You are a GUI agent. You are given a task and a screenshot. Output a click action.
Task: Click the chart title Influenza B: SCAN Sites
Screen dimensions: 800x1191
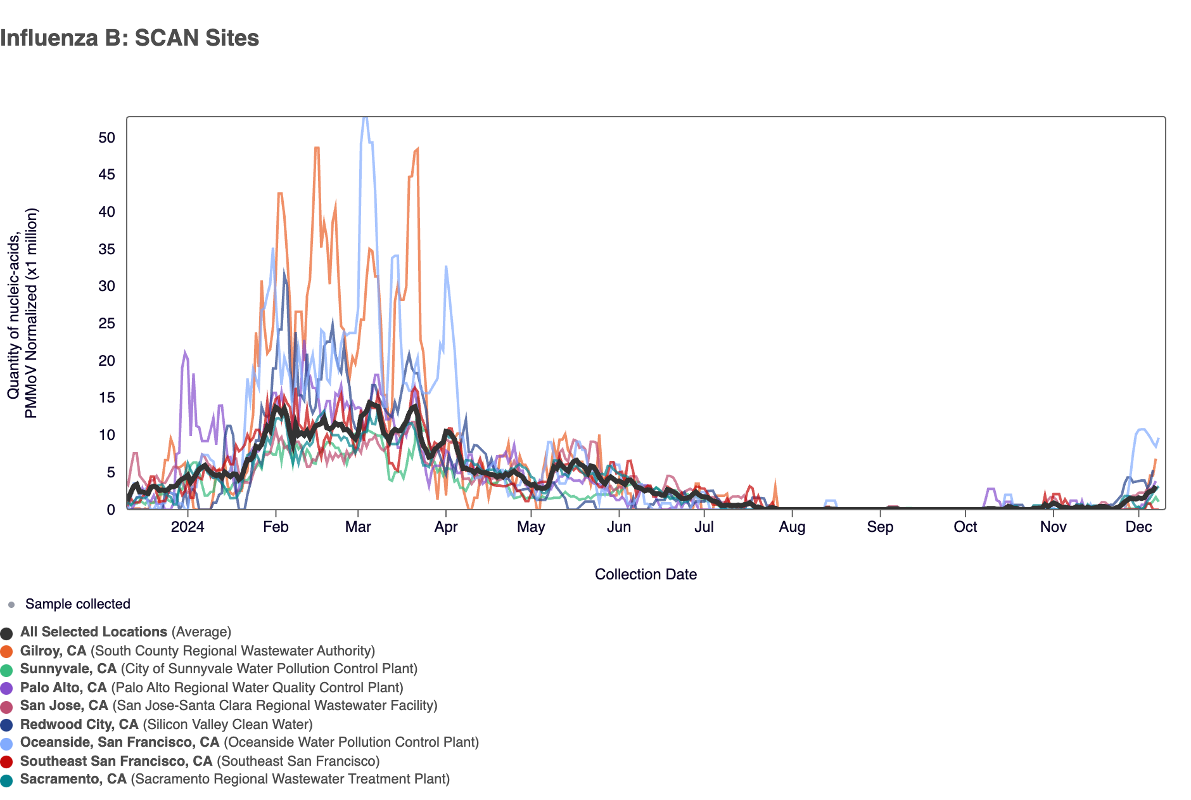(x=130, y=38)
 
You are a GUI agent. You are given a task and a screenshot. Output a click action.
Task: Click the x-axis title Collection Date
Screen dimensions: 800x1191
(x=646, y=574)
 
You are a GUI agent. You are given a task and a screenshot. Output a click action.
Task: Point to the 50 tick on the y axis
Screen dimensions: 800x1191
(x=107, y=138)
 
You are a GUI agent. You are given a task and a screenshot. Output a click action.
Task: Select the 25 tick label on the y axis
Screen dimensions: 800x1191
(x=107, y=324)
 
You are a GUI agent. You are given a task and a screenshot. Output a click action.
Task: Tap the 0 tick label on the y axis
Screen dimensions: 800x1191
(x=111, y=510)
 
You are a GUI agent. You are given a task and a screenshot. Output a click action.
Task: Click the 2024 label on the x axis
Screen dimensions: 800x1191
(x=188, y=527)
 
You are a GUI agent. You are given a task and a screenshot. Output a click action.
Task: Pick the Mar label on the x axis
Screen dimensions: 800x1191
(x=358, y=527)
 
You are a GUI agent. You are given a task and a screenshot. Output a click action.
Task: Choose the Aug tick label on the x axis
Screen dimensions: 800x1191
(x=792, y=527)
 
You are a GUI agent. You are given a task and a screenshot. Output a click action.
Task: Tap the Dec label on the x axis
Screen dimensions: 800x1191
(x=1138, y=527)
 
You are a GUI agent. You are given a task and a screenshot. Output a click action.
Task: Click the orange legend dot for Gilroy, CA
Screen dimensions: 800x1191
(x=7, y=652)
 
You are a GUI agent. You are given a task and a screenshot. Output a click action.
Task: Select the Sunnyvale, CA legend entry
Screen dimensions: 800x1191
(x=68, y=669)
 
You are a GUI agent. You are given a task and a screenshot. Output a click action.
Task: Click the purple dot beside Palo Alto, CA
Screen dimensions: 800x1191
(x=7, y=688)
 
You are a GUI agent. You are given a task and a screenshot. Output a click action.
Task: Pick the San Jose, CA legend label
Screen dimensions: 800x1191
(x=64, y=706)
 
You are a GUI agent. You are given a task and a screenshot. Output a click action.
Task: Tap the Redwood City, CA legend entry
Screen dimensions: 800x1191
(x=79, y=725)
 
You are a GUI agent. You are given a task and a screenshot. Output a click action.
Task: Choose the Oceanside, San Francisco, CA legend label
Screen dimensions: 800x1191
(x=120, y=742)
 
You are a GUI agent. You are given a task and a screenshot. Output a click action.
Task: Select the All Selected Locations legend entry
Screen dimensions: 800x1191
(x=94, y=632)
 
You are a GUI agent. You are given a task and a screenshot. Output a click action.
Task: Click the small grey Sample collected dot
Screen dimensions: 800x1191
(x=11, y=605)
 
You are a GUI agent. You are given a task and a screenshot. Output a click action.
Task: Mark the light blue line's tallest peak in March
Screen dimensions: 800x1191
(x=364, y=118)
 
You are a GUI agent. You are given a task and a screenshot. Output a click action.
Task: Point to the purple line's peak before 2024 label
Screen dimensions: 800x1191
(x=185, y=352)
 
